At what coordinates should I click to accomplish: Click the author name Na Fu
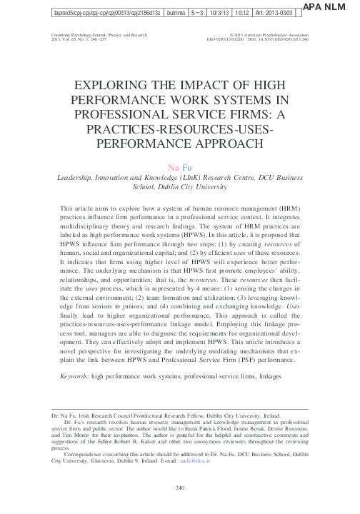point(180,167)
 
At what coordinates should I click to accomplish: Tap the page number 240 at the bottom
point(180,488)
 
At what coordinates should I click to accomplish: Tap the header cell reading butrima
point(166,12)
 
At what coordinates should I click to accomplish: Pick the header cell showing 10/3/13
point(216,12)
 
